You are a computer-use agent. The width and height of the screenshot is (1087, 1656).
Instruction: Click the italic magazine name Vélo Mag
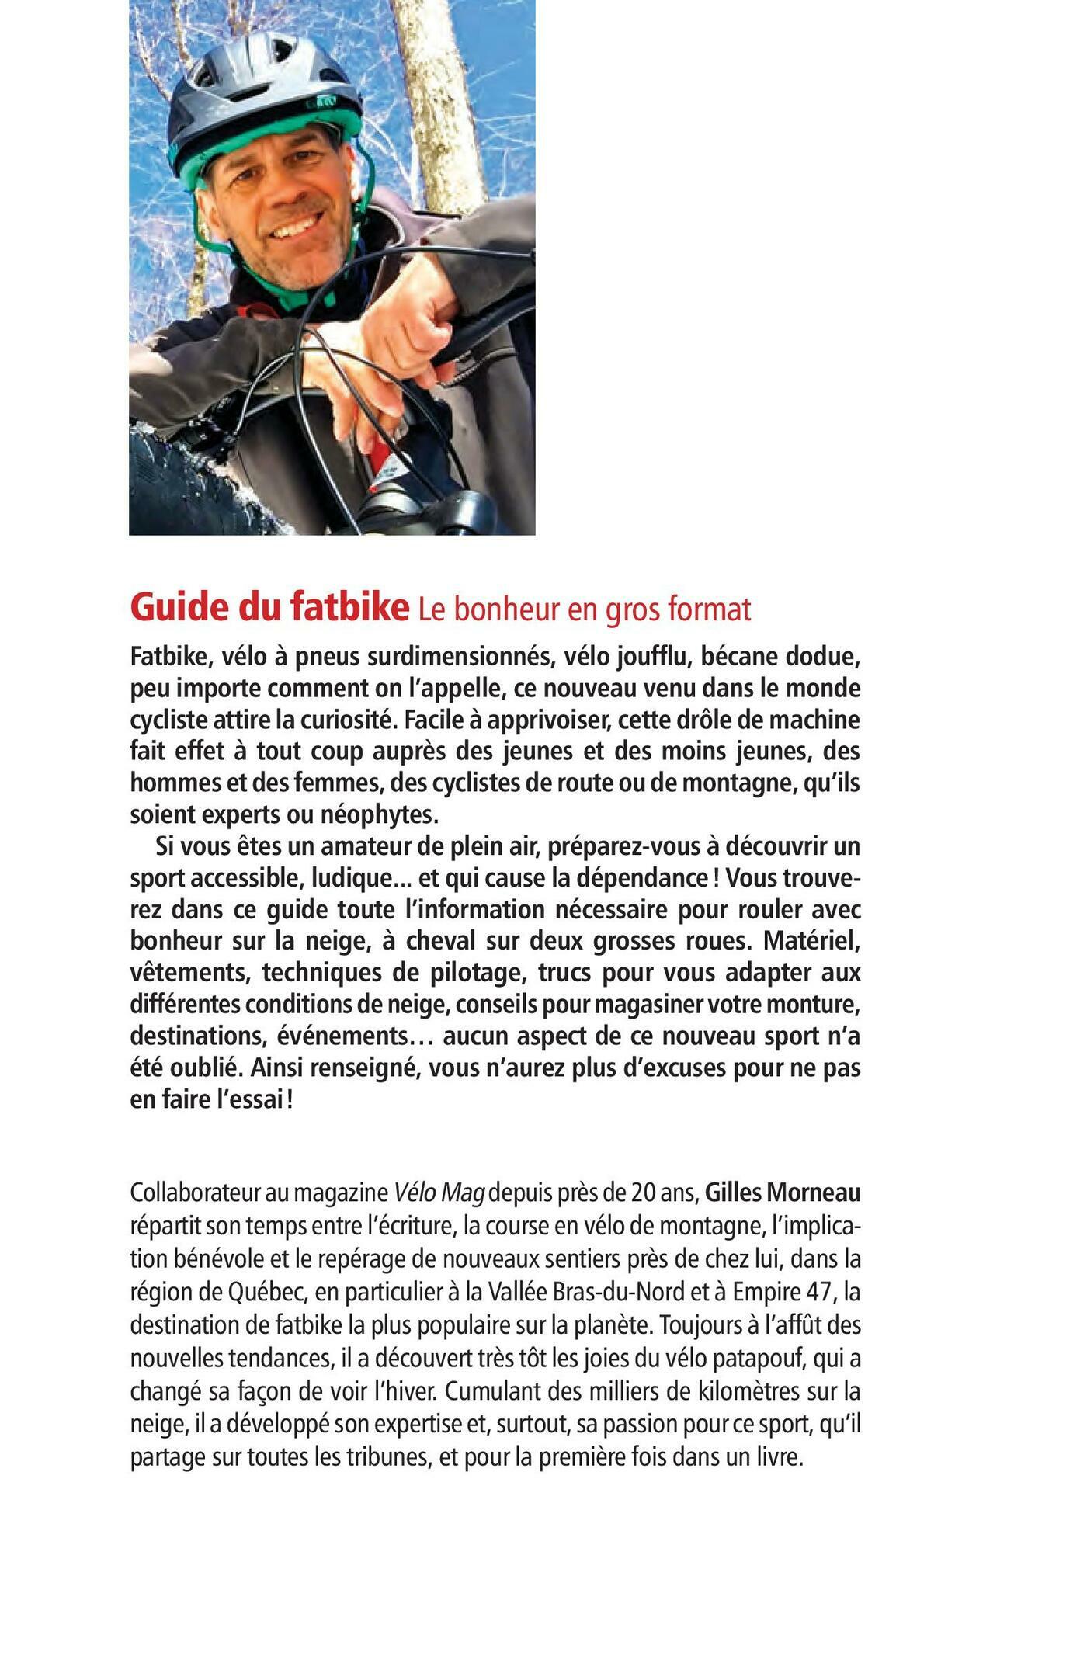(x=439, y=1193)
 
